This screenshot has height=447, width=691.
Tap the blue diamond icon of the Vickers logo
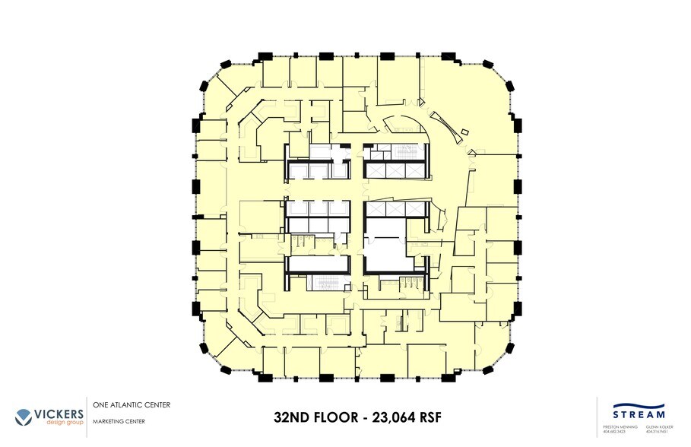[x=24, y=416]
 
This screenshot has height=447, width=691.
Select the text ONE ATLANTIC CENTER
[x=131, y=404]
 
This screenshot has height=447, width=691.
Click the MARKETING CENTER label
[x=119, y=421]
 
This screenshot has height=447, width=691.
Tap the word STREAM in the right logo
[x=639, y=414]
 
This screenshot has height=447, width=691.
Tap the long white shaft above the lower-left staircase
[x=317, y=264]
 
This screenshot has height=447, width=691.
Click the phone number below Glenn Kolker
[x=656, y=433]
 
